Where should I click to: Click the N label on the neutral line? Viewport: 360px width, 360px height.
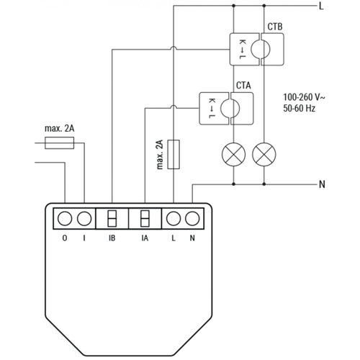321,184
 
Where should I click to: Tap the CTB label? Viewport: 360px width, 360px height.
274,27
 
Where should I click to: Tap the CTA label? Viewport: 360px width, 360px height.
243,86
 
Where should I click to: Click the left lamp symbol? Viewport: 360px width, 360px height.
233,153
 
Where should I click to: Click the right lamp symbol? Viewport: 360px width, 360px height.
264,153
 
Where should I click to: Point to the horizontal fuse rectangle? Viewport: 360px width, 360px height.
59,144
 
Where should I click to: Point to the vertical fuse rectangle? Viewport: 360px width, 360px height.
174,154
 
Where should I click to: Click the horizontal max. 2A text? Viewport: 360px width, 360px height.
59,130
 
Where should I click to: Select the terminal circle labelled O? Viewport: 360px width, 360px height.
66,217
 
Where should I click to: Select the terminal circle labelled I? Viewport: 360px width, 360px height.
85,217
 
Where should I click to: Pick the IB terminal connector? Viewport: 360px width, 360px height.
112,217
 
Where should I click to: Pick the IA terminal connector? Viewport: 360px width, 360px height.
145,217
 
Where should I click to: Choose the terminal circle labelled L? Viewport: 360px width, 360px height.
173,217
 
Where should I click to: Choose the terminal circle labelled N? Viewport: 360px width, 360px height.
192,217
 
